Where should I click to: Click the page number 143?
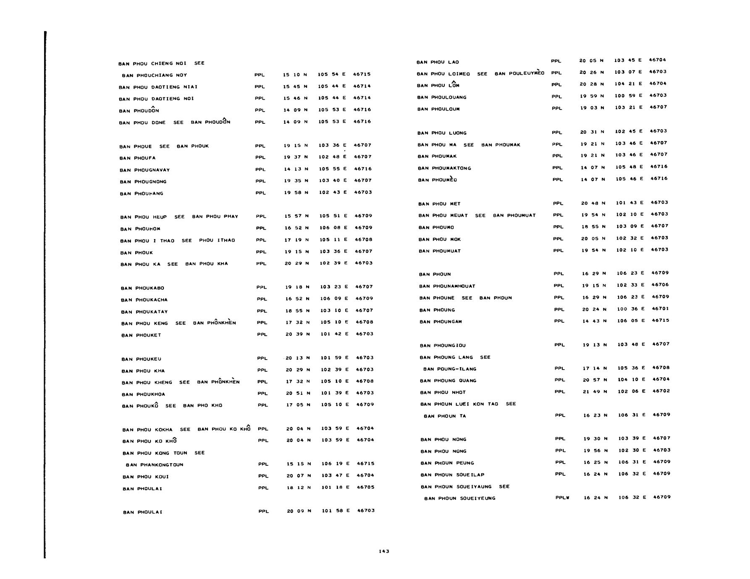point(384,551)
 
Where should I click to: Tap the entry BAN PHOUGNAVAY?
point(144,170)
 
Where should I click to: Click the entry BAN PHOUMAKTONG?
point(444,168)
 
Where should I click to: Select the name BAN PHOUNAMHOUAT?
point(447,286)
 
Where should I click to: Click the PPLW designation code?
point(562,498)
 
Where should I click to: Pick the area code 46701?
point(660,308)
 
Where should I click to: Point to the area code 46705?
point(365,487)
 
